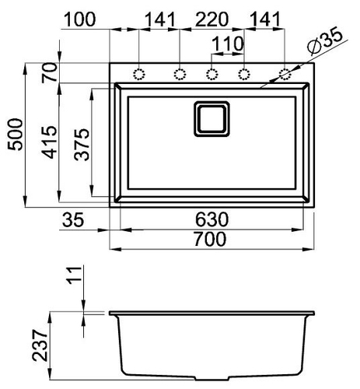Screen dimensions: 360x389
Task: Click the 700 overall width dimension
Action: point(210,240)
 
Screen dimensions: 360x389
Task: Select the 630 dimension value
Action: point(211,219)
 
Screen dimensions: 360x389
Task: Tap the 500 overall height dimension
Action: point(15,135)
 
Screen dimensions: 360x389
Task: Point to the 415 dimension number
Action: point(49,142)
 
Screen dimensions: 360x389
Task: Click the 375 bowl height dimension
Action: point(82,145)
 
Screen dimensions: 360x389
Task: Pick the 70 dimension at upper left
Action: point(49,73)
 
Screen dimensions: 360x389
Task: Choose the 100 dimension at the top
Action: point(79,19)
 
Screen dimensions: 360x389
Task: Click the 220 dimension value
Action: point(211,19)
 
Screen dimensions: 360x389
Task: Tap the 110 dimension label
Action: point(228,44)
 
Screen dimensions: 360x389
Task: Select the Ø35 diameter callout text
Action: point(325,40)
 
